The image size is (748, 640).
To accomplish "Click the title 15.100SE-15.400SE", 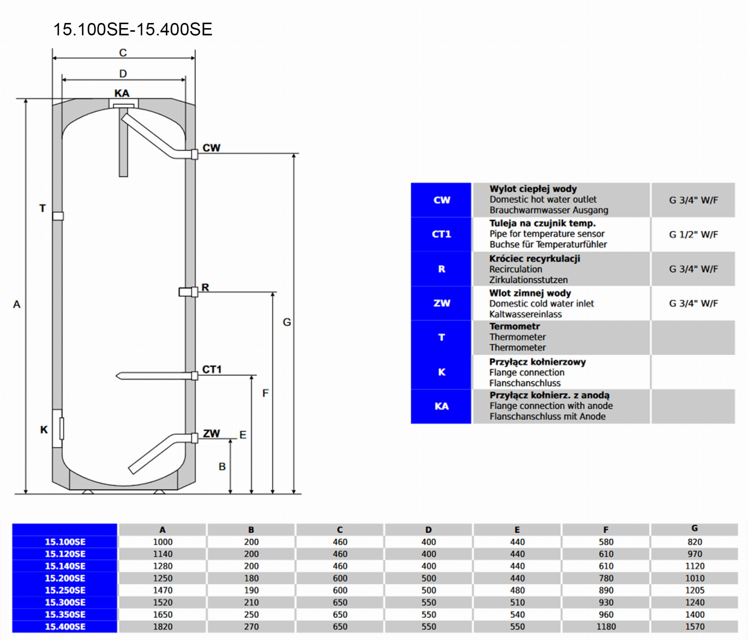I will point(133,30).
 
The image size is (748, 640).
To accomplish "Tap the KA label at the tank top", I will point(122,94).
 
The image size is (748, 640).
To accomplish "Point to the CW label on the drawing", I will point(211,148).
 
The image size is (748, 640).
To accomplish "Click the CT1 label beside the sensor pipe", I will point(212,370).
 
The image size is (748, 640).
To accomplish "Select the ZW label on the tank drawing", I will point(211,434).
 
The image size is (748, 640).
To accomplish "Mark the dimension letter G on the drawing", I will point(287,322).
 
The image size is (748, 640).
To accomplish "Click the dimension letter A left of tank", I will point(17,304).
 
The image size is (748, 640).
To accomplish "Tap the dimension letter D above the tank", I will point(123,74).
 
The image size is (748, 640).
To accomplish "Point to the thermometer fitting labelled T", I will point(58,216).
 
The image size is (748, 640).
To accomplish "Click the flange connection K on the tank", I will point(58,428).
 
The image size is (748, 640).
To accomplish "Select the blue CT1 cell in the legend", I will point(441,234).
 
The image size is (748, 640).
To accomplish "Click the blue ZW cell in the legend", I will point(441,303).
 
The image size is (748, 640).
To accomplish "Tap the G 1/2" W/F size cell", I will point(693,235).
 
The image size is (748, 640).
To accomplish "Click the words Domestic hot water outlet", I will point(543,199).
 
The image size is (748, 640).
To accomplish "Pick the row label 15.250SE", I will point(65,590).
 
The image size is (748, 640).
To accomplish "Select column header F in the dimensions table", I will point(606,530).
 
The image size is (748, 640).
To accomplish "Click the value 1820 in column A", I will point(163,627).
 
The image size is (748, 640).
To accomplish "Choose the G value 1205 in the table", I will point(694,590).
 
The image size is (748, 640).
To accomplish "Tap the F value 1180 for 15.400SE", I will point(606,627).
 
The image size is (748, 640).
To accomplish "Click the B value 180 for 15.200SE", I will point(251,578).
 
